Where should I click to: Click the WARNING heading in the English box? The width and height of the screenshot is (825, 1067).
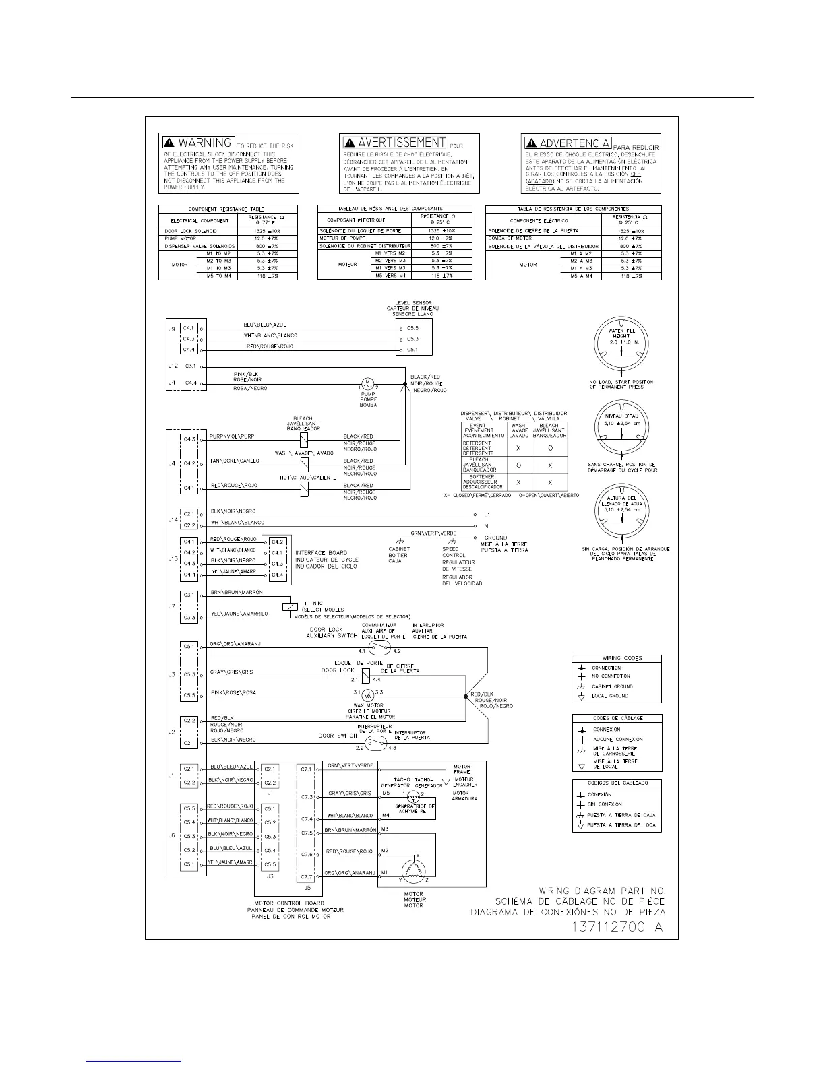[x=205, y=143]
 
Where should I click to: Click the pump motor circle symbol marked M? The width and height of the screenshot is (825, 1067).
[x=368, y=383]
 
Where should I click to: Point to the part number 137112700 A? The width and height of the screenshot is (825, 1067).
[x=617, y=927]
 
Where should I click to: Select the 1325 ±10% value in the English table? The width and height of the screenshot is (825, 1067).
[x=268, y=231]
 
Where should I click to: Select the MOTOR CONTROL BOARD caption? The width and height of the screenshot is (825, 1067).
[x=289, y=903]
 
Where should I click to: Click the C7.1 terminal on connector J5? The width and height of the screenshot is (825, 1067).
[x=306, y=769]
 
